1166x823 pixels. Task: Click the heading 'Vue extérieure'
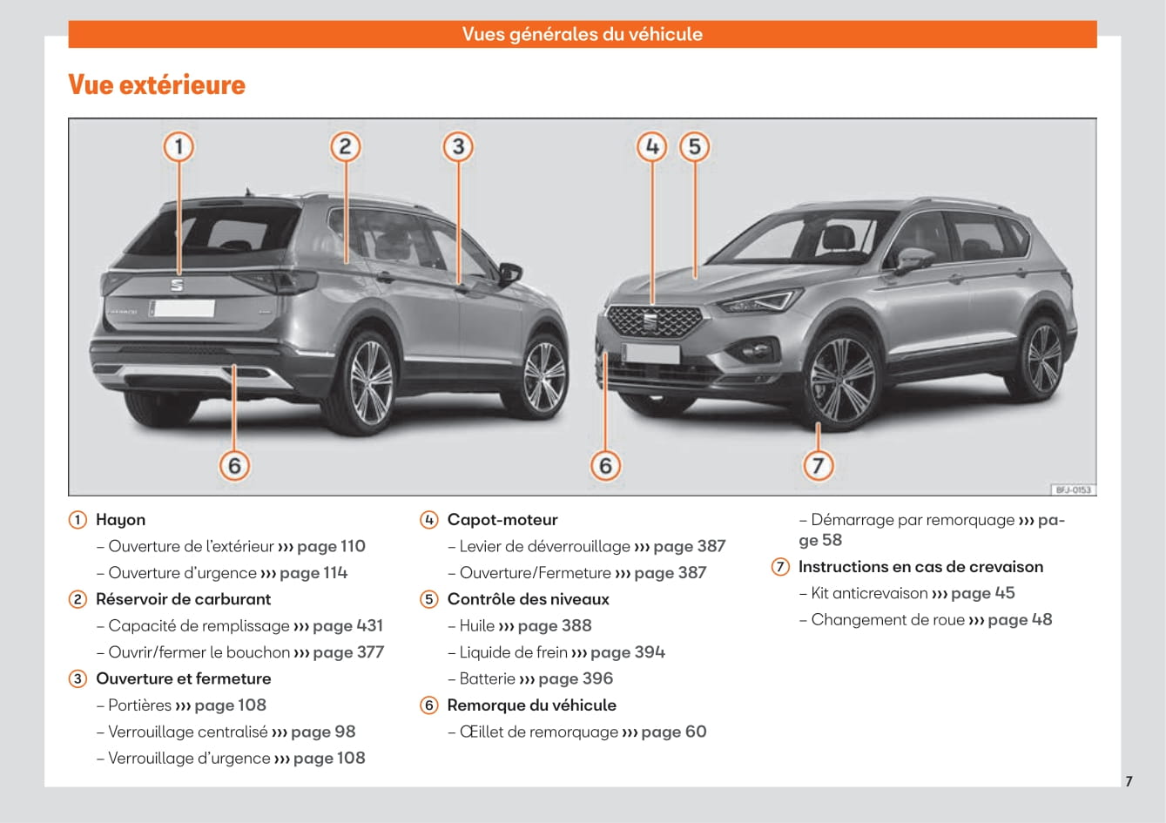157,85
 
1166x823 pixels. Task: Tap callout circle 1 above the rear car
179,145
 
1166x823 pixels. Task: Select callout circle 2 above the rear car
345,145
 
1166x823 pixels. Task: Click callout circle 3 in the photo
457,145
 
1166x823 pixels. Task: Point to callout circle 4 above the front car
652,145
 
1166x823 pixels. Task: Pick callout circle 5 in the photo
694,145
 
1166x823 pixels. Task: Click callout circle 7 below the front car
817,465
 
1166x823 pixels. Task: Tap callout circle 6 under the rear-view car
234,465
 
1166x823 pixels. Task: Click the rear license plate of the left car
182,307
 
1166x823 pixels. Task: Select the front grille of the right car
652,321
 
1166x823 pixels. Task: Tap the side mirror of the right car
913,260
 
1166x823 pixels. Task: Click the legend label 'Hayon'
120,520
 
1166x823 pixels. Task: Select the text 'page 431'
347,625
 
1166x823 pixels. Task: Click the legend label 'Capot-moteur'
502,520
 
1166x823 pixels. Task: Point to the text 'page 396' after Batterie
576,678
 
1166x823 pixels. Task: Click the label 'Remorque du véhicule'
531,705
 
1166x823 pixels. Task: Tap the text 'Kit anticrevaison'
869,593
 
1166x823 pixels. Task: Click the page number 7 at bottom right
1129,781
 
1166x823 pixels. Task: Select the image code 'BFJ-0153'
1073,489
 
